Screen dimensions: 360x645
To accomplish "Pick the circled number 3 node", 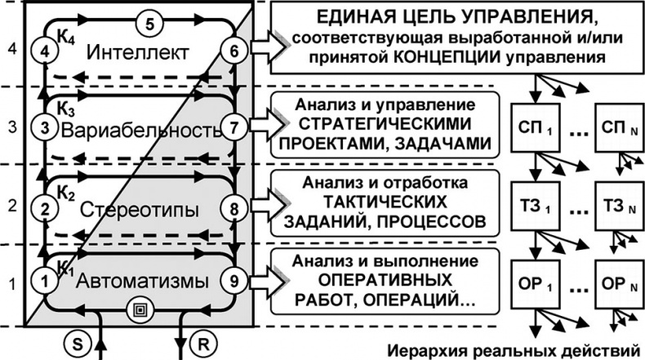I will pos(47,128).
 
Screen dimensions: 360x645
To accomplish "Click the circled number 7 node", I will pos(234,129).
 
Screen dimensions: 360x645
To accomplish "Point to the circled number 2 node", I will pos(47,209).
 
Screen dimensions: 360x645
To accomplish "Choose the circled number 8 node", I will pos(234,208).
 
